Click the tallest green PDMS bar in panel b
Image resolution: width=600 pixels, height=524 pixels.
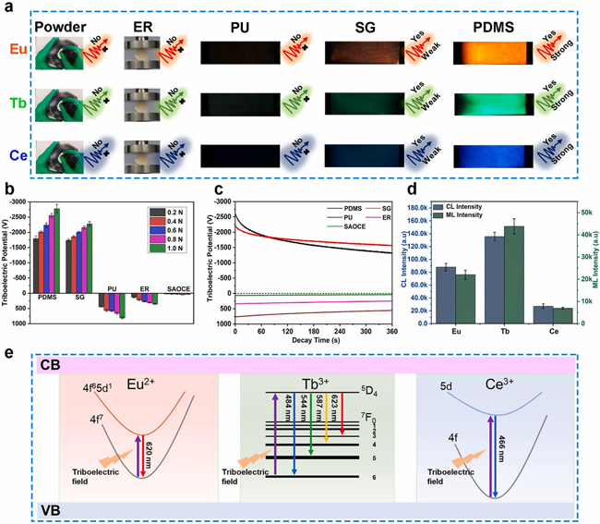57,236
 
